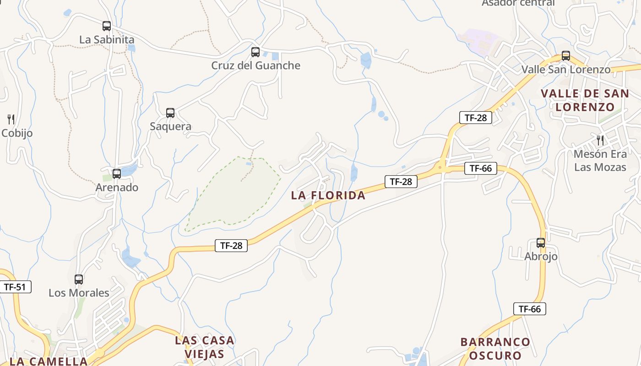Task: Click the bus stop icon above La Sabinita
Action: (107, 26)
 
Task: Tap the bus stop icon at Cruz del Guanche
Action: (255, 52)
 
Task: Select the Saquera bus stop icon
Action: (170, 113)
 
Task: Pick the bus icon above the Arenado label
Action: (117, 174)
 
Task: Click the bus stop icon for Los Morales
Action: (79, 279)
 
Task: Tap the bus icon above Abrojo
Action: (541, 243)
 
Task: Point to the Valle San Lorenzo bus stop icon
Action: (566, 56)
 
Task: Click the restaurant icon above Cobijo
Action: (11, 119)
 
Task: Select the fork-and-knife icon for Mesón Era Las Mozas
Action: (600, 140)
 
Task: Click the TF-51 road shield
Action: (15, 287)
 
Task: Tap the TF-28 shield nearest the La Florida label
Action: (401, 182)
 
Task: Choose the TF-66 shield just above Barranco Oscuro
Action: (529, 309)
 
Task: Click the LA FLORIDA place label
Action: (328, 196)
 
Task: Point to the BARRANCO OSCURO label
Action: (495, 349)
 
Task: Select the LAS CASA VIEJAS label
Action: (205, 347)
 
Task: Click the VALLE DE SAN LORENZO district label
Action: (585, 100)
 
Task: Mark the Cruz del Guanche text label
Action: (255, 65)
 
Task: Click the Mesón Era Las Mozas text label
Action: (600, 161)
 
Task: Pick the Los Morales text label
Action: (79, 293)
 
